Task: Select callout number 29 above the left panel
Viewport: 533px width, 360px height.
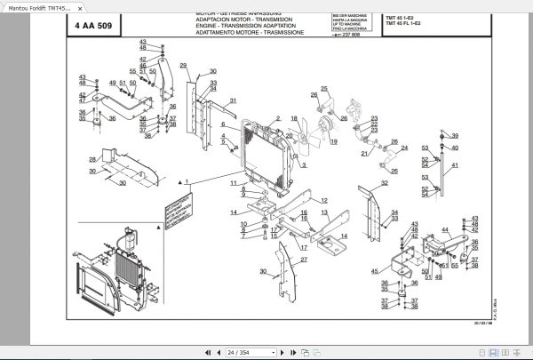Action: point(183,66)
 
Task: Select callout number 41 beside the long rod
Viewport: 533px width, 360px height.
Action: point(456,166)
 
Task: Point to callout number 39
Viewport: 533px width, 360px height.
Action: point(455,136)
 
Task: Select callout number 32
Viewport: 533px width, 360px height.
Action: point(384,184)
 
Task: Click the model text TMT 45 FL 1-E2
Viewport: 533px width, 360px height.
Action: point(405,23)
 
